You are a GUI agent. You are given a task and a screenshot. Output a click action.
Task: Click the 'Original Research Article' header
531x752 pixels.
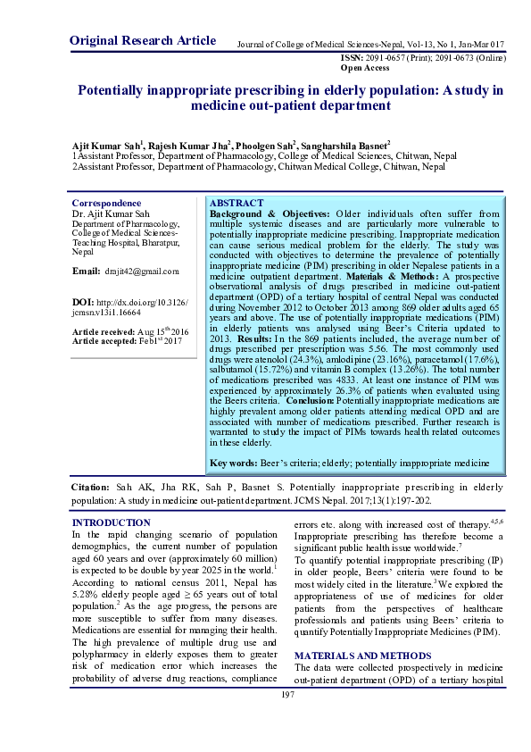[142, 40]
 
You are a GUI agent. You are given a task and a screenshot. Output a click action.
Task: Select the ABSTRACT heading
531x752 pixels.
[236, 203]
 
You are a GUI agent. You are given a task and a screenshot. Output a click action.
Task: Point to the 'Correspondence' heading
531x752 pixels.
[106, 203]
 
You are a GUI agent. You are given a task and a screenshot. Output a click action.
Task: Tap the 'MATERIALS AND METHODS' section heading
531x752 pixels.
[362, 656]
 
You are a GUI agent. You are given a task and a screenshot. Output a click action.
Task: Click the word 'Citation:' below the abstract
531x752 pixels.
[90, 489]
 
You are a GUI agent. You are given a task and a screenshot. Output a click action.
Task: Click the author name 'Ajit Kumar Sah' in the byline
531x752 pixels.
[105, 145]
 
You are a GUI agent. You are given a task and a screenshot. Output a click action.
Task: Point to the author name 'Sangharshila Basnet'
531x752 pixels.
[343, 145]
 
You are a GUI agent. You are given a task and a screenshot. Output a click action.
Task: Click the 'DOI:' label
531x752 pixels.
[82, 303]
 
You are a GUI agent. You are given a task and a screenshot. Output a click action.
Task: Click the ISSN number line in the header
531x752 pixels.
[422, 57]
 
